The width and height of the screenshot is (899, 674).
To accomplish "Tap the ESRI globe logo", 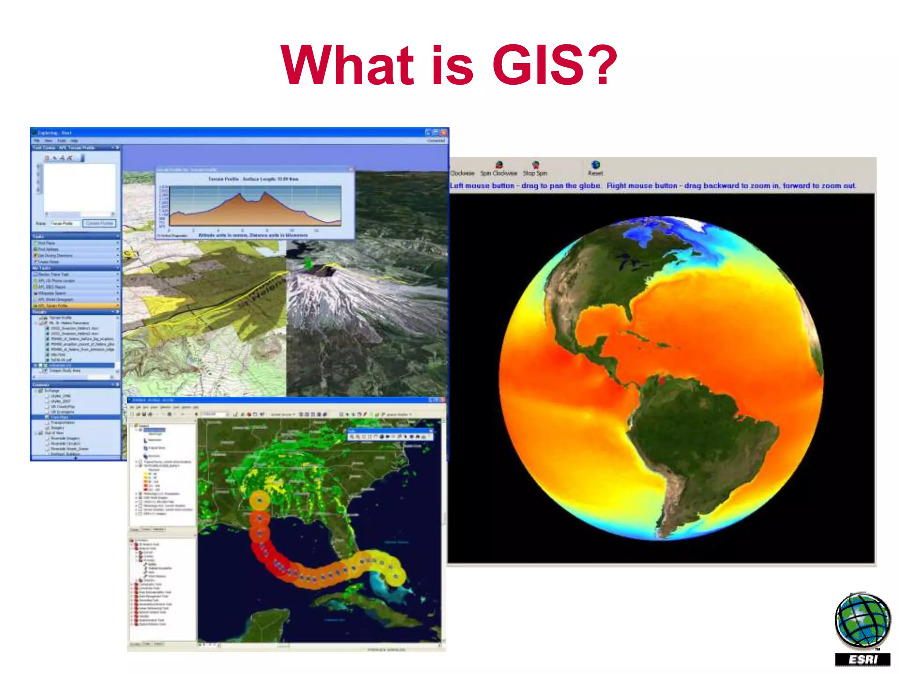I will pos(863,620).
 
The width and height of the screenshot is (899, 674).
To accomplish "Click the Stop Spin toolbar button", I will pos(535,168).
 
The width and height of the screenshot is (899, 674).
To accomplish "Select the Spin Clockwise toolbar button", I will pos(499,168).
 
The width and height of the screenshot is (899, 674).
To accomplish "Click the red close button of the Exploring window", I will pos(444,133).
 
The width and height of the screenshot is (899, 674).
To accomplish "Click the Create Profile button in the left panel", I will pos(100,223).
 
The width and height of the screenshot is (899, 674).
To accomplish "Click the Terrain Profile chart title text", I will pos(253,179).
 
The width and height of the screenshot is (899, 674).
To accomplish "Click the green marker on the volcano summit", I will pos(309,263).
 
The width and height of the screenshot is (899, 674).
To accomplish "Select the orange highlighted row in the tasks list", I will pos(75,305).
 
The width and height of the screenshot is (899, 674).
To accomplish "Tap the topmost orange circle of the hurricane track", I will pos(260,500).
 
